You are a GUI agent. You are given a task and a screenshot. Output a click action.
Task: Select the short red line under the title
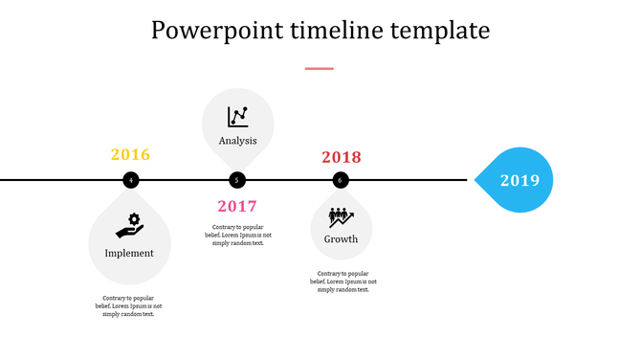tap(320, 69)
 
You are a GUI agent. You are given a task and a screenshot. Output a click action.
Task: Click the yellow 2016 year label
tap(130, 155)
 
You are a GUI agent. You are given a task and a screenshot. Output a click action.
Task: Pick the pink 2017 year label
tap(237, 206)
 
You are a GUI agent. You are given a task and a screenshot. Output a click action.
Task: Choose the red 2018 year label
tap(342, 157)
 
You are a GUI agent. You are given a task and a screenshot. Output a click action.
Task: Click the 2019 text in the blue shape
tap(519, 180)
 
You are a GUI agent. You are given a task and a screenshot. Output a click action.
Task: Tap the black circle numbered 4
tap(130, 180)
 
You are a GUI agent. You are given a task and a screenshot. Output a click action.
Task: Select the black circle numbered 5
tap(237, 180)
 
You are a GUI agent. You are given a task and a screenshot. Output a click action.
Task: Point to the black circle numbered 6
tap(341, 180)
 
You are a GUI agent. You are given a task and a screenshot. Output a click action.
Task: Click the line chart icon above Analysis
tap(238, 117)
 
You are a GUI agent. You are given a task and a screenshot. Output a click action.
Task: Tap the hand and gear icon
tap(129, 225)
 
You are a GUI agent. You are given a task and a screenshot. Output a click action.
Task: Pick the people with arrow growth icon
tap(341, 217)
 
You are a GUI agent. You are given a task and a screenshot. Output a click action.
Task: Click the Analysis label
tap(238, 142)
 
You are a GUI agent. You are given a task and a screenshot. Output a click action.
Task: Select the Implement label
tap(129, 254)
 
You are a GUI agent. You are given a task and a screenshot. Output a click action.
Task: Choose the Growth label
tap(341, 239)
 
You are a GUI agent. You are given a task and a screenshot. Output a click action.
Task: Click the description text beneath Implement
tap(129, 306)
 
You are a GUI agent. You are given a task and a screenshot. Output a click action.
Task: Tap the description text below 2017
tap(238, 235)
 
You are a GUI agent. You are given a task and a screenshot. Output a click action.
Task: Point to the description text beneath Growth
tap(343, 281)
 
